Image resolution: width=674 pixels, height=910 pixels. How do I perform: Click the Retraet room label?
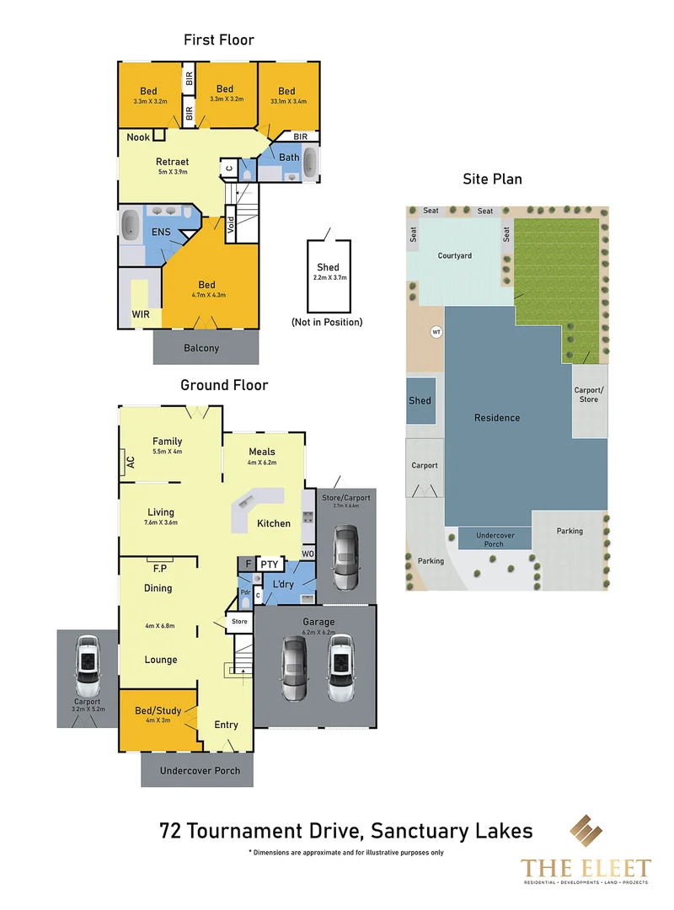click(x=172, y=162)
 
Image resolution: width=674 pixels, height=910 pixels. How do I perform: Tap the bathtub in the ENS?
click(x=131, y=225)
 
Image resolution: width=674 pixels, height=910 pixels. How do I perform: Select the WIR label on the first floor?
click(x=141, y=315)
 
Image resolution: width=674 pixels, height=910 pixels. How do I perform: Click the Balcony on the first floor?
click(x=201, y=348)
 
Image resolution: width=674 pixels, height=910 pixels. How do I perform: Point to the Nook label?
click(x=138, y=137)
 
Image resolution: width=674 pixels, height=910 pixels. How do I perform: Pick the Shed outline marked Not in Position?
click(x=328, y=272)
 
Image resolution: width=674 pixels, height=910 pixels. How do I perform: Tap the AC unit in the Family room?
click(x=130, y=462)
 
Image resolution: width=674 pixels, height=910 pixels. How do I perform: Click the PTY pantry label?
click(x=269, y=564)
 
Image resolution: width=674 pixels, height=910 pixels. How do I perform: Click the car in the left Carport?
click(x=88, y=663)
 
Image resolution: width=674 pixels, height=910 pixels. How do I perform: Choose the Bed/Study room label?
click(x=157, y=710)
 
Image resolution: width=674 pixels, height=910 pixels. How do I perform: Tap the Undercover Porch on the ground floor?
click(x=200, y=770)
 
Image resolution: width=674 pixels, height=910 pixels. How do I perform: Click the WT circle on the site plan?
click(x=436, y=332)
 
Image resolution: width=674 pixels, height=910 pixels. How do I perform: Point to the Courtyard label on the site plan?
click(x=455, y=255)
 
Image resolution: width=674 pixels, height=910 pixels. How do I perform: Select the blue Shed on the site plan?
click(x=420, y=400)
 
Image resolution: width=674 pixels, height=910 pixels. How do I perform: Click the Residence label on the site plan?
click(x=497, y=418)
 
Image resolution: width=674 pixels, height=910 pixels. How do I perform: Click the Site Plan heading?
click(x=492, y=179)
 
